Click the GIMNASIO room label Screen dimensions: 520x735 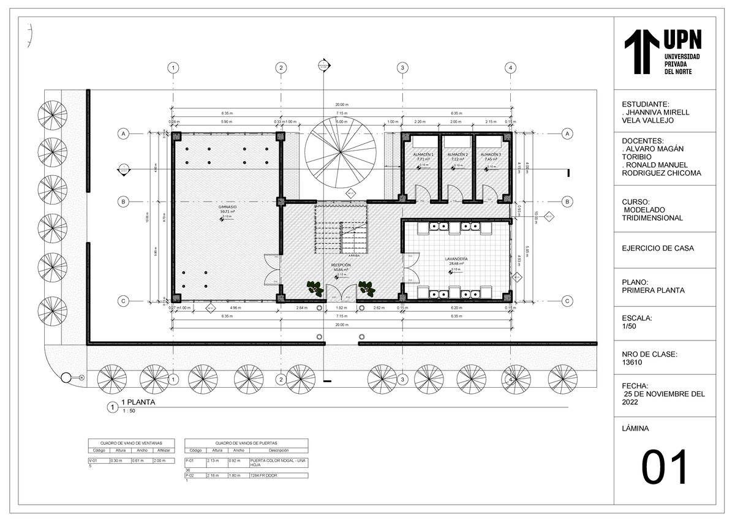(228, 207)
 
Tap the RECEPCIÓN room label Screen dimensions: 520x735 (341, 265)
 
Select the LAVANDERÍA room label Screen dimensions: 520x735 (456, 259)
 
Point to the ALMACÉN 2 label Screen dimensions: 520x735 (457, 154)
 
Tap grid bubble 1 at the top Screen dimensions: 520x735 (174, 68)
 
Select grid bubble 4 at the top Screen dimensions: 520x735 (510, 68)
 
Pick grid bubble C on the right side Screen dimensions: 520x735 (567, 301)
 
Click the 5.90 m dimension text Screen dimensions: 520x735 (226, 122)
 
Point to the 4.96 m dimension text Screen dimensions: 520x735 (235, 307)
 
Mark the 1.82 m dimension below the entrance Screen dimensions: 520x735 (342, 307)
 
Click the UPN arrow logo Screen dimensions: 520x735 (641, 51)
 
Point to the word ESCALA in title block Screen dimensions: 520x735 (636, 318)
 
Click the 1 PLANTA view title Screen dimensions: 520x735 (139, 402)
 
